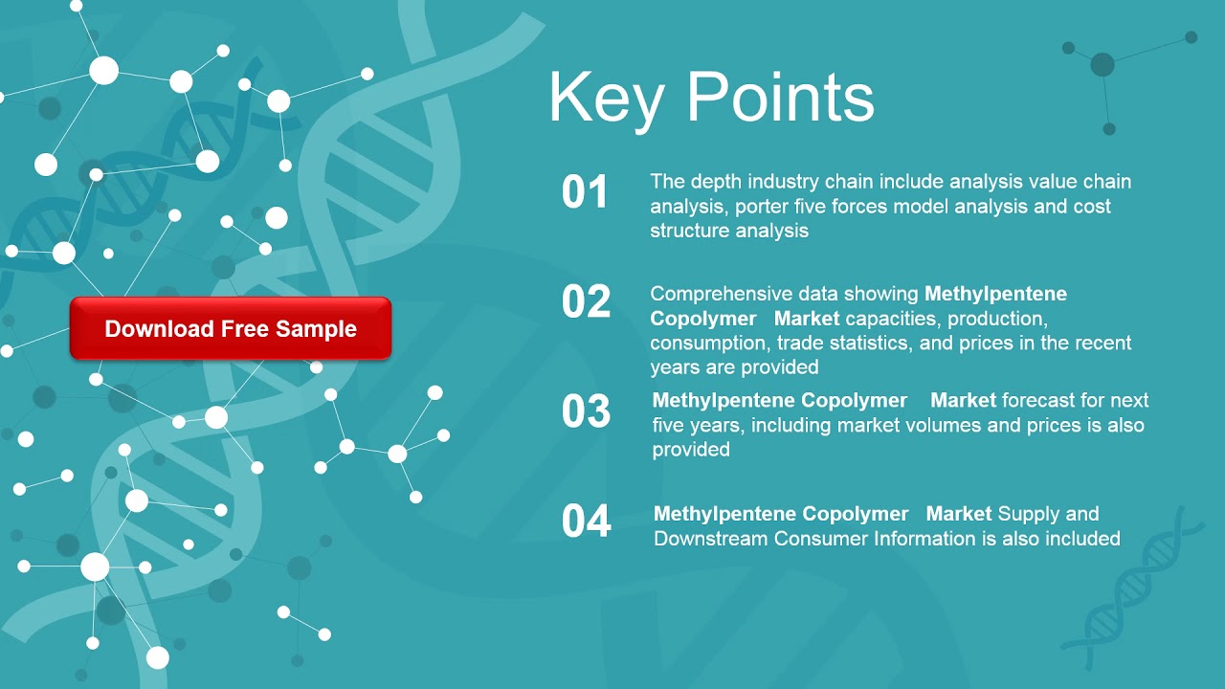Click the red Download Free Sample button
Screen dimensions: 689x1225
pos(231,328)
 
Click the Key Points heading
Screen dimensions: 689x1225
pos(711,98)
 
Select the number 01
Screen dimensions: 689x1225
pos(585,192)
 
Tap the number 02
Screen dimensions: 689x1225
pos(586,302)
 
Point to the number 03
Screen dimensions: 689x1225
pos(586,411)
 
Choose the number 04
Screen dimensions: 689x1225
pos(586,522)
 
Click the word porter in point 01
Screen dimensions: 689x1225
pos(762,207)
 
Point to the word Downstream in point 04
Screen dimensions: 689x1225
pos(711,539)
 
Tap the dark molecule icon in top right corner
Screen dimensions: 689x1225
pos(1103,64)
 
